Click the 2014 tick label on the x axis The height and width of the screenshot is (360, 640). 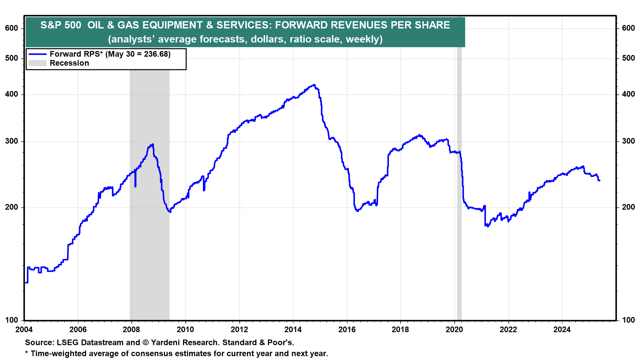pos(293,330)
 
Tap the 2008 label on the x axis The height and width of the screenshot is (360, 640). pos(131,330)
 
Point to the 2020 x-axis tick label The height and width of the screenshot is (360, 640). pos(454,330)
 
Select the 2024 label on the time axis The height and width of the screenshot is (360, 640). pos(562,330)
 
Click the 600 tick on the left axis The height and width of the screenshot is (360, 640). pos(12,28)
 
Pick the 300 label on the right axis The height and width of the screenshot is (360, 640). pos(628,141)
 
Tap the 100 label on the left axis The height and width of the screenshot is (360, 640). pos(12,320)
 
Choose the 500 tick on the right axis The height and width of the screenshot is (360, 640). pos(628,58)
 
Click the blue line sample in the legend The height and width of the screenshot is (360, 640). pos(37,54)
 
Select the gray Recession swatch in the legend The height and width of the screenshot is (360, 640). pos(37,63)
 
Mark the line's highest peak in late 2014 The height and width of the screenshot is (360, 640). pos(314,85)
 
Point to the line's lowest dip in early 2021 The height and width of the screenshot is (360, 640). pos(488,226)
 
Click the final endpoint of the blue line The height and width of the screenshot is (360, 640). pos(599,181)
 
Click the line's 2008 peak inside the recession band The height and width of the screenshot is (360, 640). pos(152,145)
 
